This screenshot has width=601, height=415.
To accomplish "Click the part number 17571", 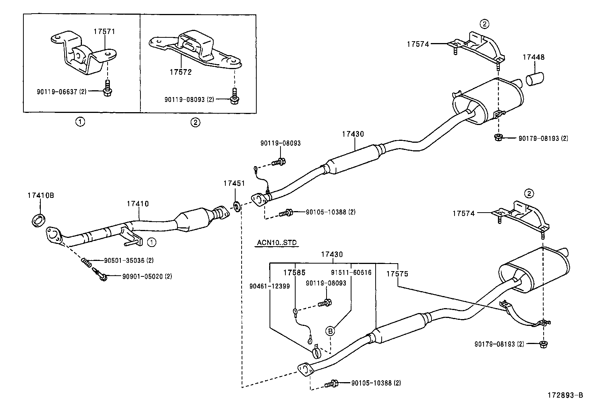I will [x=104, y=32].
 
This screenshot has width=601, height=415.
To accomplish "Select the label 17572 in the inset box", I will [x=180, y=72].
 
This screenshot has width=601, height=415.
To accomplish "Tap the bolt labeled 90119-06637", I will [x=107, y=91].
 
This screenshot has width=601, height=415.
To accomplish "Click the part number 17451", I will [x=234, y=183].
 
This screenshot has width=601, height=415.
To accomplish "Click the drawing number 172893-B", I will [x=566, y=395].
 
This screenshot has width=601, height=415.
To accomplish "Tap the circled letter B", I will [x=330, y=332].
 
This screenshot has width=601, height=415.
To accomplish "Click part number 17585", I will [x=294, y=272].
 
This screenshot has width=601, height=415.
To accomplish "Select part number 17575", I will [x=397, y=273].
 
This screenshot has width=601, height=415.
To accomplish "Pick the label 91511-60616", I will [x=351, y=272].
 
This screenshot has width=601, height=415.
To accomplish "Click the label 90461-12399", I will [x=270, y=286].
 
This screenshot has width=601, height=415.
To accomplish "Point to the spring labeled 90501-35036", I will [x=86, y=261].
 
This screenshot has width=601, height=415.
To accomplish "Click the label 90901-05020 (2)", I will [x=147, y=276].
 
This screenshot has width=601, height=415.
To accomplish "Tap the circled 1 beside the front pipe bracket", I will [x=151, y=242].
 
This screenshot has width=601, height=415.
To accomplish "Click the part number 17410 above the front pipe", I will [x=137, y=204].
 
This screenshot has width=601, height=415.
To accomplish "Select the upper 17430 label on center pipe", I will [x=353, y=134].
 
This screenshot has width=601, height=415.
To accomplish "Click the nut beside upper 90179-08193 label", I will [x=498, y=138].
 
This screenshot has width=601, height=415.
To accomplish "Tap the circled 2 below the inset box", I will [x=195, y=122].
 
